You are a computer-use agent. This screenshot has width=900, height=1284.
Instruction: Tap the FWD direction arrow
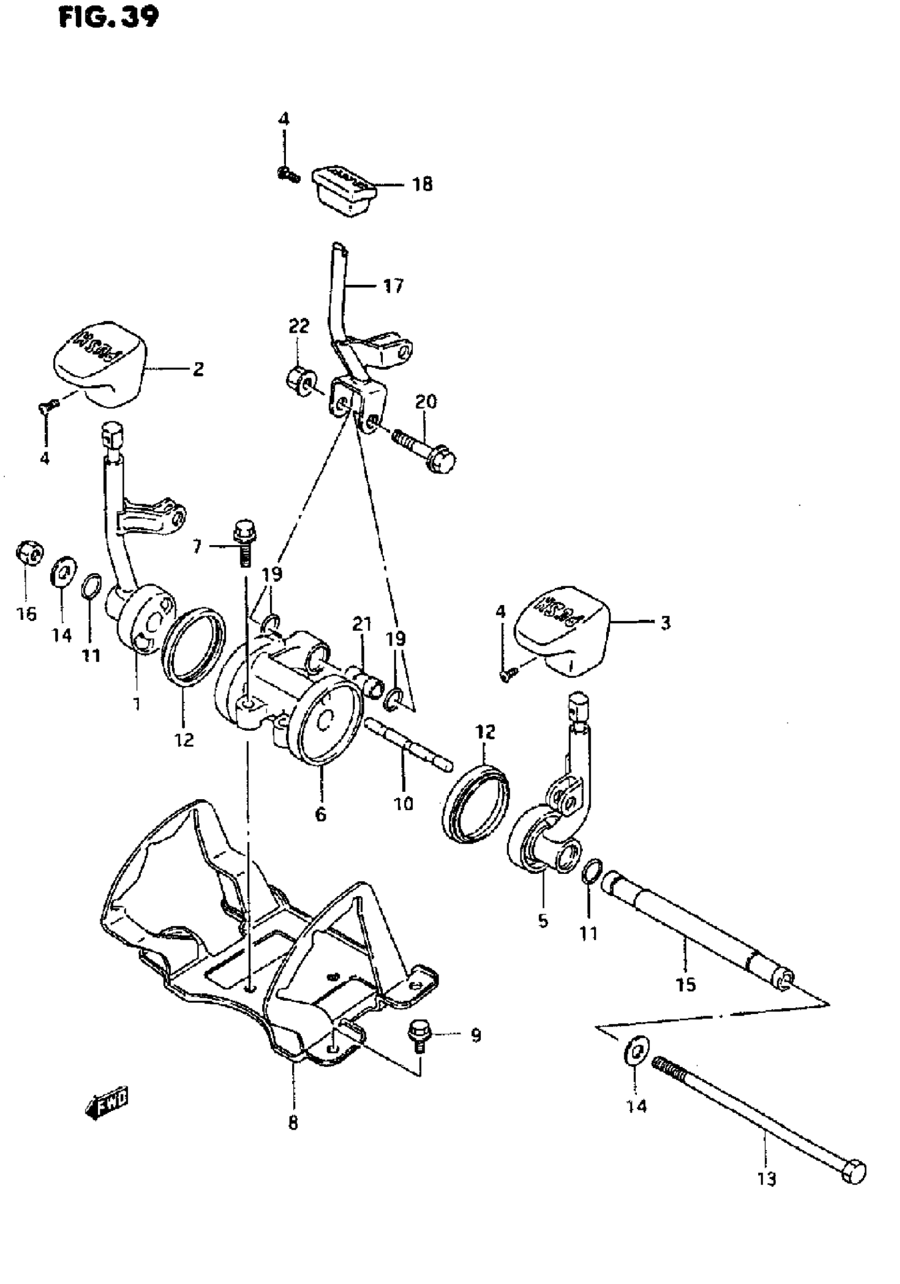[106, 1102]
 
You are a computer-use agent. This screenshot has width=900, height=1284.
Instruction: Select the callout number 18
[422, 184]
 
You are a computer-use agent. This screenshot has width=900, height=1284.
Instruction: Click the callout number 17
[393, 286]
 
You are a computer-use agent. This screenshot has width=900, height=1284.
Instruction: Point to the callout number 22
[299, 325]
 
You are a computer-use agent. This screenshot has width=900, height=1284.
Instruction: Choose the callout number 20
[426, 402]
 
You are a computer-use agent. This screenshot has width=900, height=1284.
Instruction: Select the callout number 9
[475, 1036]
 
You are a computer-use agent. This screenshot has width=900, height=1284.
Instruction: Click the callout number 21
[362, 623]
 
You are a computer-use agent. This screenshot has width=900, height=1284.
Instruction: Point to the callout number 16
[26, 613]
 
